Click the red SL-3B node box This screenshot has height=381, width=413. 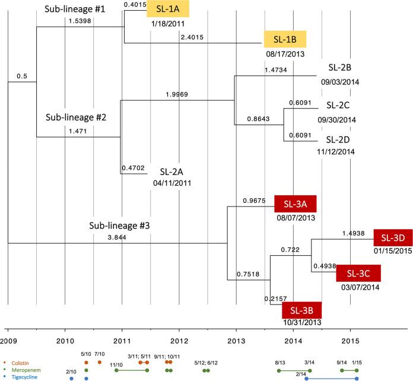pos(302,310)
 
